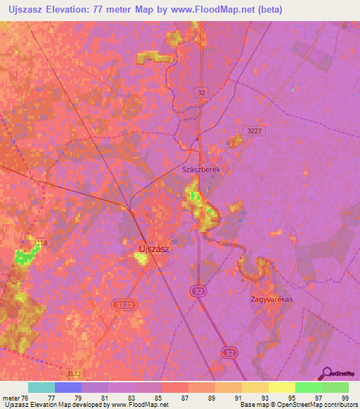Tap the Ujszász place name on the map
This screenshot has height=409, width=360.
click(156, 246)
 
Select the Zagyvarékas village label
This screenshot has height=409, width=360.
click(271, 299)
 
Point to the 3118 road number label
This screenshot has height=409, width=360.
click(40, 243)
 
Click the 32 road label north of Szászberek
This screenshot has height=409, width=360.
click(201, 92)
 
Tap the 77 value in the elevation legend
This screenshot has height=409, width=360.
click(68, 398)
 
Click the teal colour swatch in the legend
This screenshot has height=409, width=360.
click(41, 387)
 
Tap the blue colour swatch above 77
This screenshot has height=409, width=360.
click(68, 387)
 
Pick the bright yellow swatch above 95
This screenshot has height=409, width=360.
click(282, 387)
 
